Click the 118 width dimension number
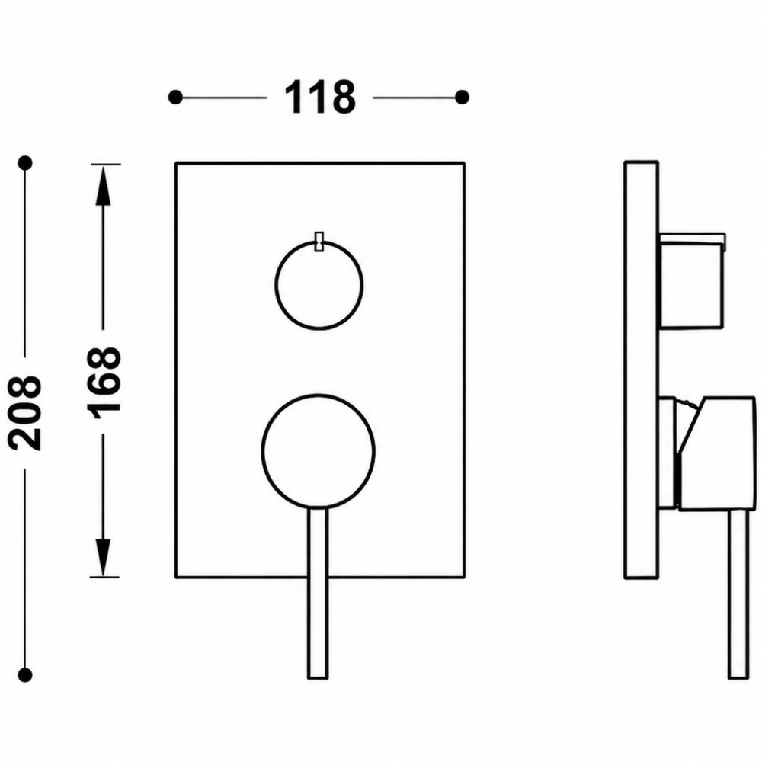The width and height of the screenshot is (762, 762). pyautogui.click(x=320, y=98)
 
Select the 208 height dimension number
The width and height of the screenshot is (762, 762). pyautogui.click(x=24, y=412)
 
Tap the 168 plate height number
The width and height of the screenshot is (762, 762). pyautogui.click(x=104, y=379)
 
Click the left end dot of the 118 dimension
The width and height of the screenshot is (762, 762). pyautogui.click(x=175, y=98)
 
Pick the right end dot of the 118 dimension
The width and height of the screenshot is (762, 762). pyautogui.click(x=463, y=98)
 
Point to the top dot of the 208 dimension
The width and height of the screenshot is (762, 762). pyautogui.click(x=24, y=162)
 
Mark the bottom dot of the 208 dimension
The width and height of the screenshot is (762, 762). pyautogui.click(x=24, y=674)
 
